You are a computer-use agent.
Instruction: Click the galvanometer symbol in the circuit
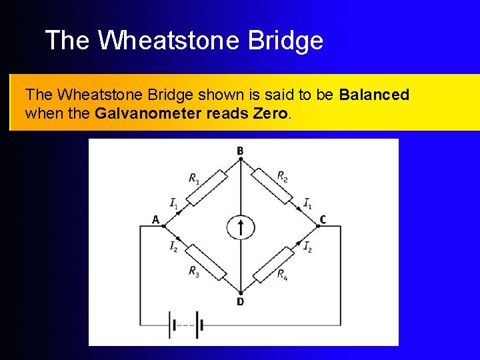point(240,227)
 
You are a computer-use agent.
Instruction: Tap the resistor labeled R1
point(207,187)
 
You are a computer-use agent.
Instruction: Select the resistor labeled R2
point(274,187)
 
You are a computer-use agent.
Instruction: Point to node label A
point(155,220)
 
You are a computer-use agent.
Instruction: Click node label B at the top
point(240,150)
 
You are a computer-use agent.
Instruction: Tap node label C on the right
point(323,220)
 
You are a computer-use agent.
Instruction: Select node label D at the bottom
point(240,302)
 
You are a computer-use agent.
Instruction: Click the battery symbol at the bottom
point(186,325)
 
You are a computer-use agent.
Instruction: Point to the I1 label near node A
point(173,203)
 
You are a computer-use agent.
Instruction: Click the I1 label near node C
point(307,203)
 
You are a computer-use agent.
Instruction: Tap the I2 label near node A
point(173,246)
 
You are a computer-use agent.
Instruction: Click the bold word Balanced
point(374,95)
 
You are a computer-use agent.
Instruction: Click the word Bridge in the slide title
point(285,41)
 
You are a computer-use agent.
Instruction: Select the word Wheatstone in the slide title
point(169,41)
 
